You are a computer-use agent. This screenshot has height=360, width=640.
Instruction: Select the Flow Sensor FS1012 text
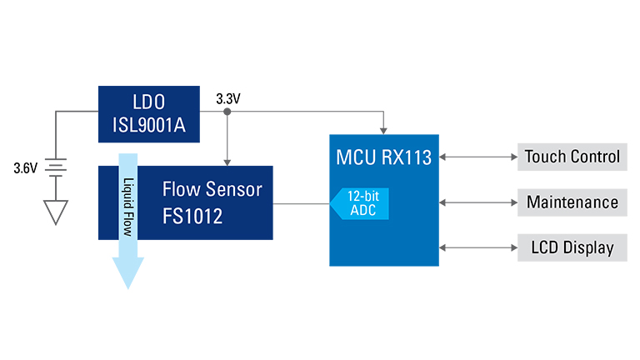click(212, 202)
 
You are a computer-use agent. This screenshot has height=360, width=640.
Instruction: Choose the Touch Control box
click(572, 157)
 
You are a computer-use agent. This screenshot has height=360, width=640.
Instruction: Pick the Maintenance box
click(572, 202)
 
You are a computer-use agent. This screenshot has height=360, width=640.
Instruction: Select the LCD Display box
click(572, 247)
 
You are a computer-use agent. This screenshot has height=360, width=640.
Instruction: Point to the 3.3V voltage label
click(227, 98)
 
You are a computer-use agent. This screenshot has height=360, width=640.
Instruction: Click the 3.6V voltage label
click(25, 168)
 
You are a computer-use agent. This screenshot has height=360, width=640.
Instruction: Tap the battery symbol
click(56, 169)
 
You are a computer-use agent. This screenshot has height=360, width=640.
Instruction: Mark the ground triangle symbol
click(56, 214)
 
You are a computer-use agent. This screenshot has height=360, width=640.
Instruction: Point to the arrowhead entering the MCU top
click(382, 128)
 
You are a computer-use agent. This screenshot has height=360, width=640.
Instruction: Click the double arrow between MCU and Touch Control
click(478, 157)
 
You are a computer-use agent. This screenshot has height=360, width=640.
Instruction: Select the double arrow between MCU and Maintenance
click(478, 202)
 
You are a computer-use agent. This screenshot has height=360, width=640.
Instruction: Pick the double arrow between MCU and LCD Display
click(478, 247)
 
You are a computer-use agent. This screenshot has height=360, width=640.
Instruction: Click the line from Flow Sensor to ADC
click(300, 202)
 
